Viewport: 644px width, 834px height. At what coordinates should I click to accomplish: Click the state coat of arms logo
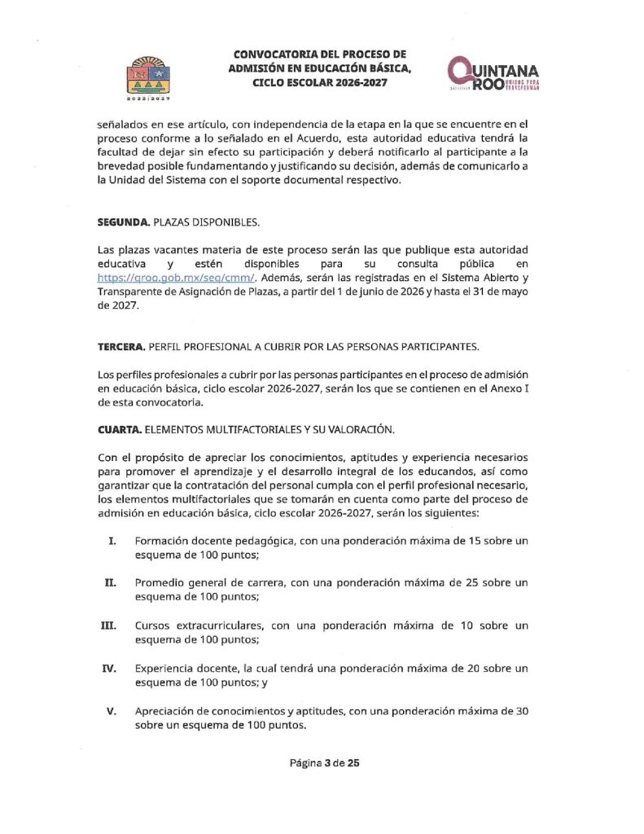point(147,78)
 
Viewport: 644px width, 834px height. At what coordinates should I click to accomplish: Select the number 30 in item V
point(524,710)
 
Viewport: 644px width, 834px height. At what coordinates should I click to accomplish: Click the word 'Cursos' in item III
point(153,625)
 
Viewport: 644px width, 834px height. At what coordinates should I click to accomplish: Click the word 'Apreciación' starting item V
point(169,710)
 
